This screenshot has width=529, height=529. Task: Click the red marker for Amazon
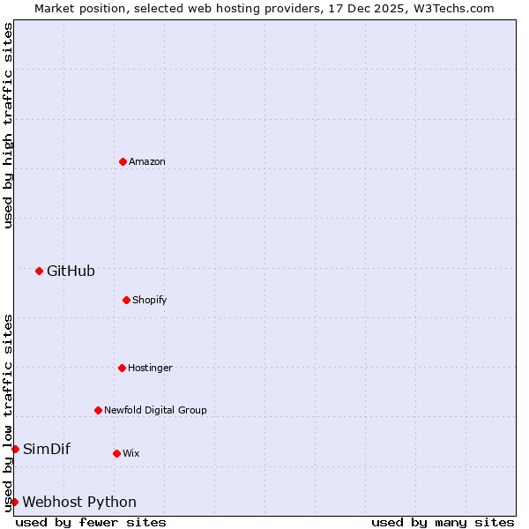coord(123,161)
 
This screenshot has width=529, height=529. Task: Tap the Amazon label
coord(147,162)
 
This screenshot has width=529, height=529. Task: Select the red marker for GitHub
coord(39,271)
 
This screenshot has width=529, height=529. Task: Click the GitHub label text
coord(71,272)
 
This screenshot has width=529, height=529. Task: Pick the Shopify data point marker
coord(126,300)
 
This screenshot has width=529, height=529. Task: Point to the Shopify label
coord(149,301)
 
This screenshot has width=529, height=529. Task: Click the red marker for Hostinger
coord(122,368)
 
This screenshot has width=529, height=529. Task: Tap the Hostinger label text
coord(150,369)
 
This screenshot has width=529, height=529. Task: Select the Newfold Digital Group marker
coord(98,410)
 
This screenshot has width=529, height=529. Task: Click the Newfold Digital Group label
coord(155,411)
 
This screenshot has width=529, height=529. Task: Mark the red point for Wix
coord(116,453)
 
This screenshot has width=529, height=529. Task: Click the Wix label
coord(130,454)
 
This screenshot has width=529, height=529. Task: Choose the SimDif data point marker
coord(15,449)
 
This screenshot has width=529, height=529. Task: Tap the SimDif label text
coord(46,450)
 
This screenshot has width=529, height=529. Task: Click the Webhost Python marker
coord(14,502)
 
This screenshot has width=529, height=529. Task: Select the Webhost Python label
coord(79,503)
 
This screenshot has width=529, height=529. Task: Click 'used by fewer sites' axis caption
coord(91,522)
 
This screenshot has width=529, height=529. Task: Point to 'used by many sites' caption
coord(443,522)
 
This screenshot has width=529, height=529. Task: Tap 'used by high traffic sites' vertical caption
coord(8,125)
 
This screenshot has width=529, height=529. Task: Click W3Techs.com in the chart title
coord(454,8)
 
